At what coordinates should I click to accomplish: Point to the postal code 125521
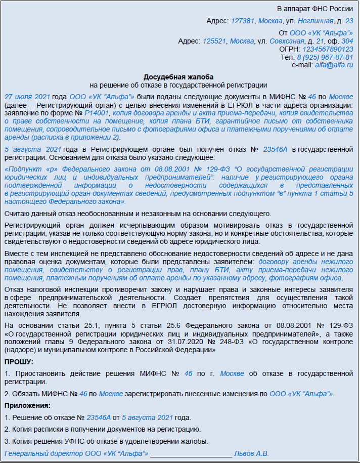coord(214,41)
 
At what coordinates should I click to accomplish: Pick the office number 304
coord(347,41)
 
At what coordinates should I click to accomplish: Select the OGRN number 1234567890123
coord(328,49)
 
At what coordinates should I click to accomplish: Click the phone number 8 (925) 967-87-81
coord(324,57)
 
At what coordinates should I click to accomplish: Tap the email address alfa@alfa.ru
coord(334,65)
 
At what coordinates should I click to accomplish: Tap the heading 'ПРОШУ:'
coord(19,362)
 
